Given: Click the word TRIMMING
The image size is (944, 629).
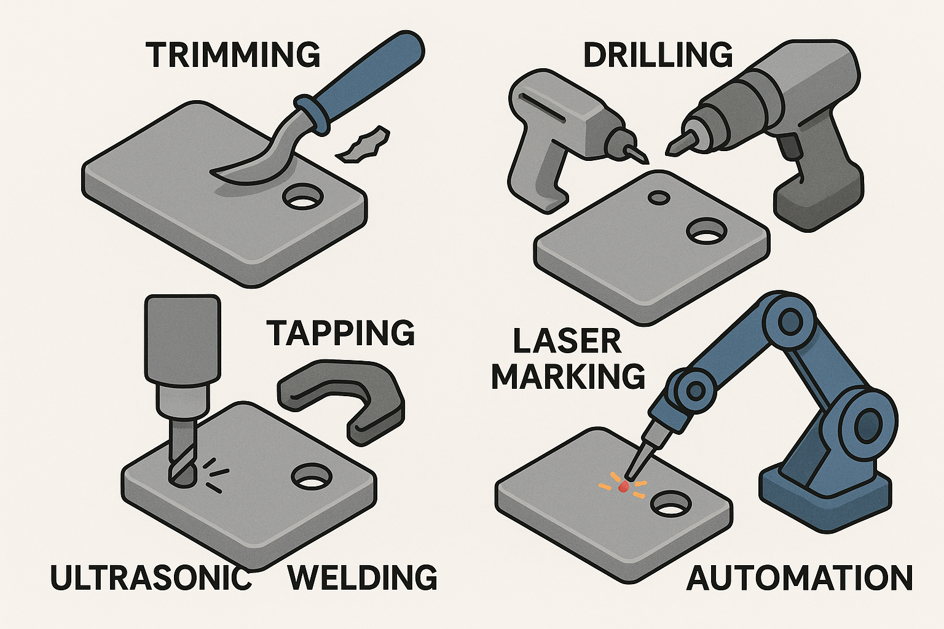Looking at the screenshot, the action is pyautogui.click(x=233, y=55).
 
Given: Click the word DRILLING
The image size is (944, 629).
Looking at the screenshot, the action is pyautogui.click(x=658, y=55).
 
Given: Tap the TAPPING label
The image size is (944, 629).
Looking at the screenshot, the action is pyautogui.click(x=341, y=333).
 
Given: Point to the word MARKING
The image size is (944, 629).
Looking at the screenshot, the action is pyautogui.click(x=568, y=376).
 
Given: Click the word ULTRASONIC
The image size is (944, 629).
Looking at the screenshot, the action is pyautogui.click(x=151, y=577).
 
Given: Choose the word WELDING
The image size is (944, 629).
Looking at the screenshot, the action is pyautogui.click(x=363, y=577).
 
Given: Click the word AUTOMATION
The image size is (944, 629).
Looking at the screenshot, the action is pyautogui.click(x=800, y=577).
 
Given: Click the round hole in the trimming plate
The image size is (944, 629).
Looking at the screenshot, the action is pyautogui.click(x=303, y=197).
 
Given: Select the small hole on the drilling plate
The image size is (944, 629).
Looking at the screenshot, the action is pyautogui.click(x=658, y=197).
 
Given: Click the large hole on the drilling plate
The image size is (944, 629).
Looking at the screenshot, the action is pyautogui.click(x=706, y=231).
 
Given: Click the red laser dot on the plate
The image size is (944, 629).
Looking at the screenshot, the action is pyautogui.click(x=622, y=488).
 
